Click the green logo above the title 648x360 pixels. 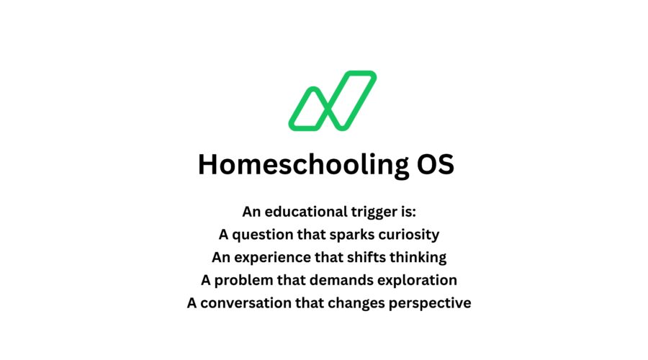click(x=332, y=101)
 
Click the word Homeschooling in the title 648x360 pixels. click(x=292, y=165)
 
